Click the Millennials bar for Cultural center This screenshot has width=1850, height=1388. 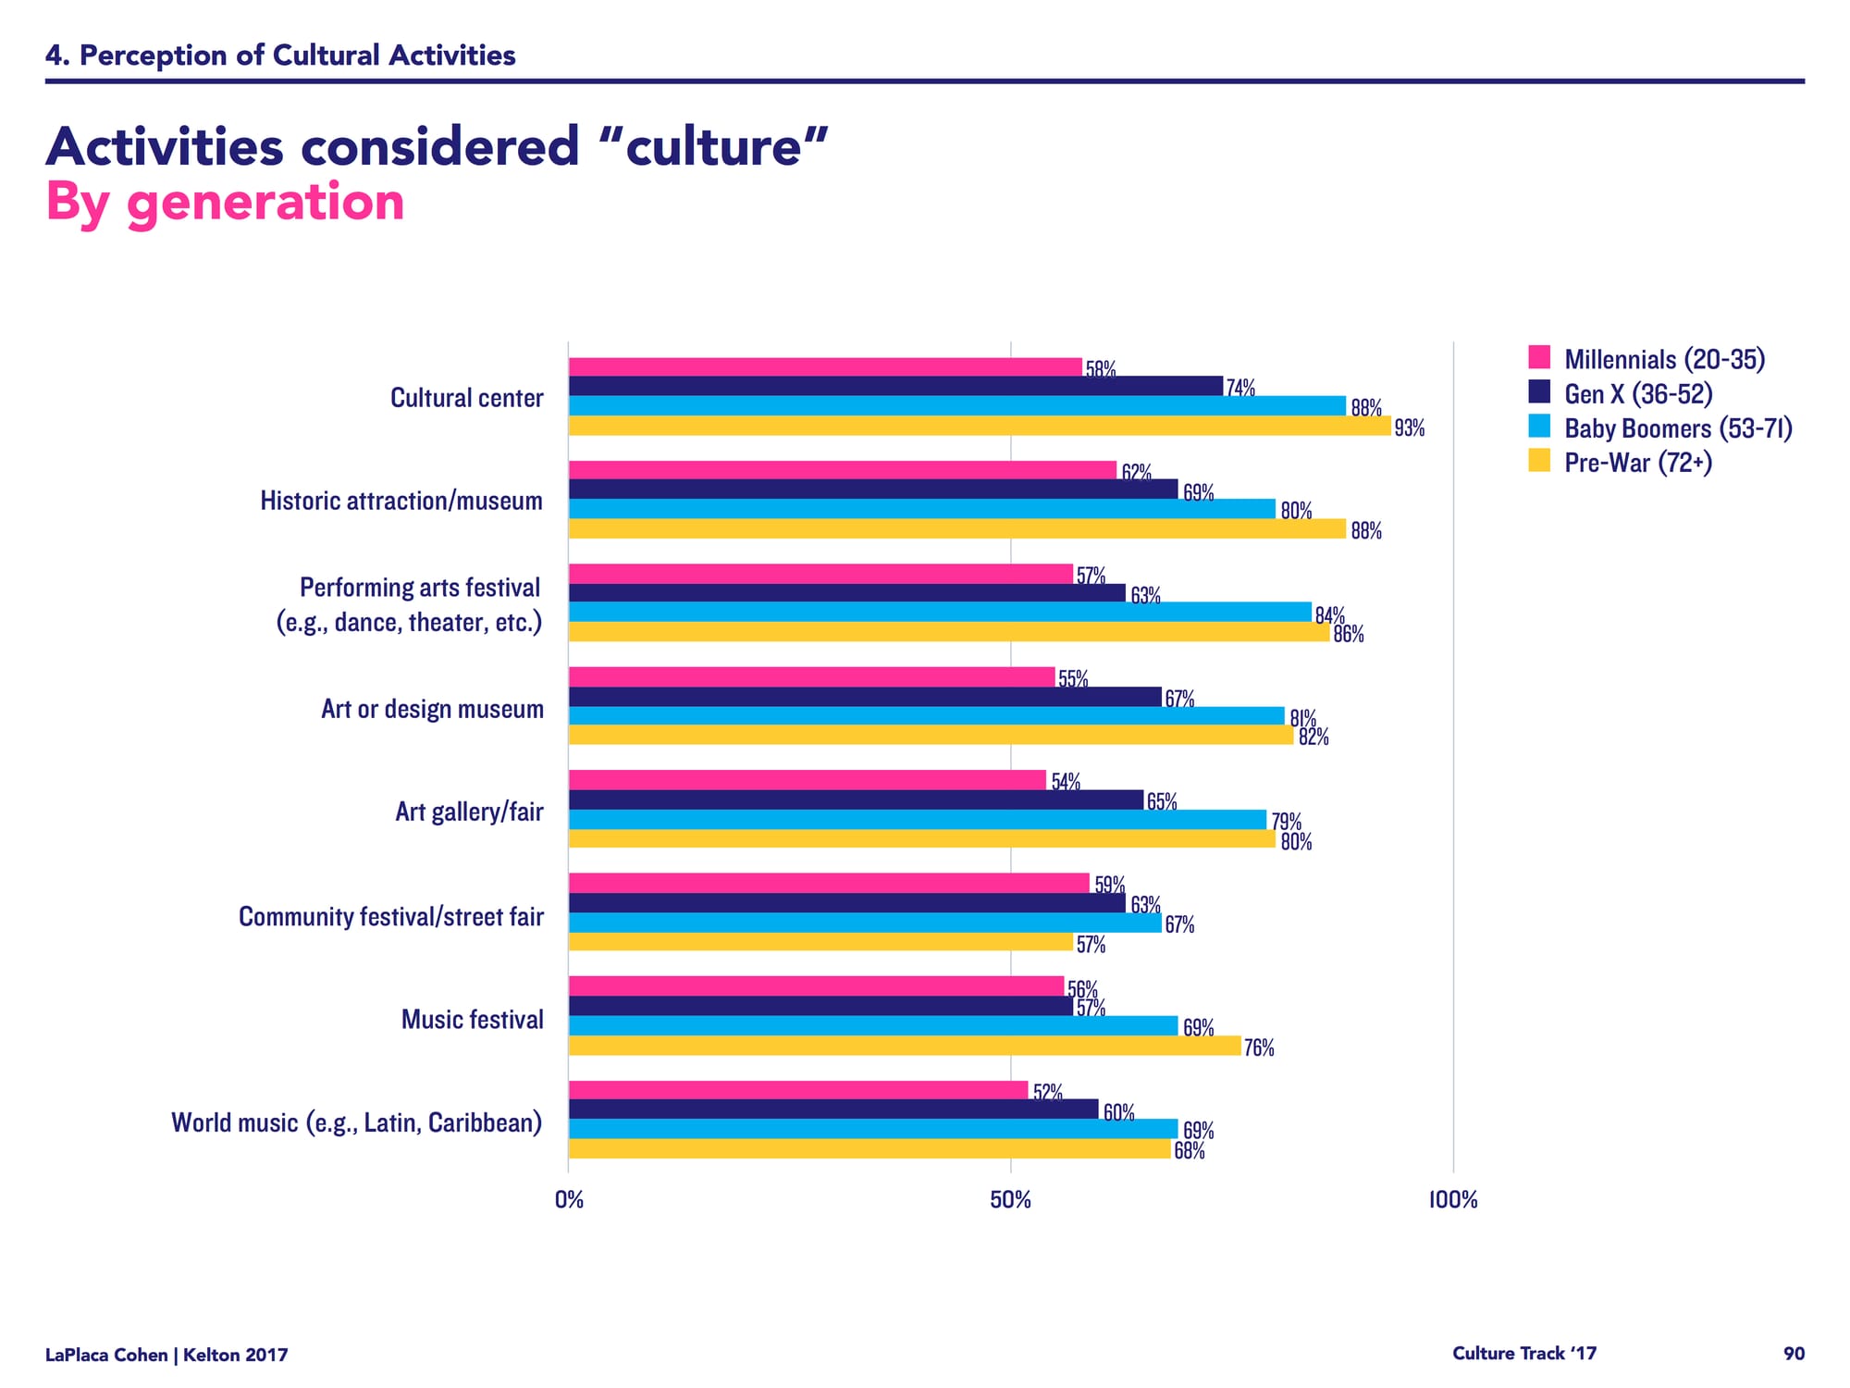[825, 367]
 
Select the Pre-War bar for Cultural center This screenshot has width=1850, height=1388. [980, 426]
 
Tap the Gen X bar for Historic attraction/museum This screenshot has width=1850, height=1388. [873, 490]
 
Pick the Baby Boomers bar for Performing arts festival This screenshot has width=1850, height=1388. [940, 613]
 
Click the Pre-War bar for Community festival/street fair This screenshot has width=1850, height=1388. [820, 942]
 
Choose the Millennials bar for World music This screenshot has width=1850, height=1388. [798, 1090]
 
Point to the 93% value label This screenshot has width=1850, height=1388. [1410, 428]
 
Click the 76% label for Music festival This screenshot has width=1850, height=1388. [1259, 1047]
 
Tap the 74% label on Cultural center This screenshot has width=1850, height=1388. [1240, 389]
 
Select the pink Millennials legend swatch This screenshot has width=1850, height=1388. [1539, 357]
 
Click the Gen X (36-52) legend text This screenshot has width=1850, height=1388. [1638, 394]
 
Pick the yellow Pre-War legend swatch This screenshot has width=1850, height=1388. [1539, 460]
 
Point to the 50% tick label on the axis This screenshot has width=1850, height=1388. [1010, 1200]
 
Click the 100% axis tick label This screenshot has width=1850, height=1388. [1453, 1200]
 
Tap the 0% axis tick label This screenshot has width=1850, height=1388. [569, 1200]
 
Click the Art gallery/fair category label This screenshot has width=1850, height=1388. [469, 812]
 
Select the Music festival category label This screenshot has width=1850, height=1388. [472, 1020]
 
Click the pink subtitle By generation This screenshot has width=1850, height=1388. [225, 202]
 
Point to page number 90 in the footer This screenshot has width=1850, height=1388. [1794, 1354]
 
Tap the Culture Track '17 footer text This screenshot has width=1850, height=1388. [1524, 1354]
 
